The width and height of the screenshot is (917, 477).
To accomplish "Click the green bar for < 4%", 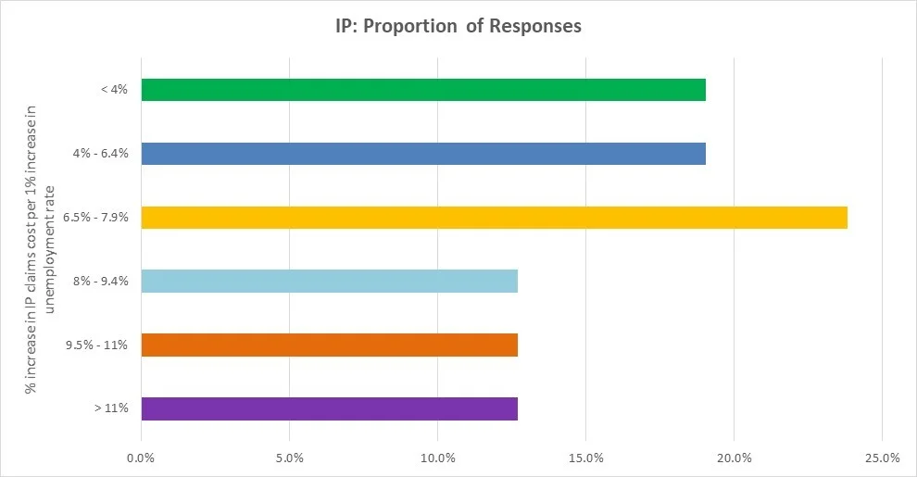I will (x=423, y=90).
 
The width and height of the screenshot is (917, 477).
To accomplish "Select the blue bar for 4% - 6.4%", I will (x=423, y=154).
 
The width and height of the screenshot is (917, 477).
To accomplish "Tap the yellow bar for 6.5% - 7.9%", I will (x=494, y=218).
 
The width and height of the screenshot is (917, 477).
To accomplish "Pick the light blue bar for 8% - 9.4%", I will (x=329, y=282).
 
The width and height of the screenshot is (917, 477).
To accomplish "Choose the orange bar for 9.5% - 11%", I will (x=329, y=345).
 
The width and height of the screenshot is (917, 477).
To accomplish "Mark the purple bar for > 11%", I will (x=329, y=408).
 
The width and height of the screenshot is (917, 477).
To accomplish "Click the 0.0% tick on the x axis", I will (x=141, y=458).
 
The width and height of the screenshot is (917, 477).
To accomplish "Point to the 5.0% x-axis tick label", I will (x=289, y=458).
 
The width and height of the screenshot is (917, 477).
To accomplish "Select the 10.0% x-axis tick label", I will (x=437, y=458).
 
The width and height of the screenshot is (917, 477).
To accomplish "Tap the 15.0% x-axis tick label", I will (x=585, y=458).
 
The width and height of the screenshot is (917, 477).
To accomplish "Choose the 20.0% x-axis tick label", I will (x=734, y=458).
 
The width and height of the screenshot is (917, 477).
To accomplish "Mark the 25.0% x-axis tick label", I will (x=882, y=458).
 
